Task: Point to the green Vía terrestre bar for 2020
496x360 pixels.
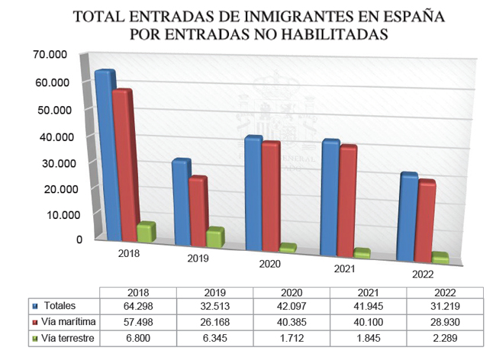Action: [x=266, y=248]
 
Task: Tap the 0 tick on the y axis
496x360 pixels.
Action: [x=79, y=239]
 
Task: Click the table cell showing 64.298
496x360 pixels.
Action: [x=138, y=306]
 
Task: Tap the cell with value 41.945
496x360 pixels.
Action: [x=369, y=306]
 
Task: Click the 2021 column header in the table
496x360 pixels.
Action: [x=369, y=291]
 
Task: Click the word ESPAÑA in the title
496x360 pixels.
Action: [x=396, y=15]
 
